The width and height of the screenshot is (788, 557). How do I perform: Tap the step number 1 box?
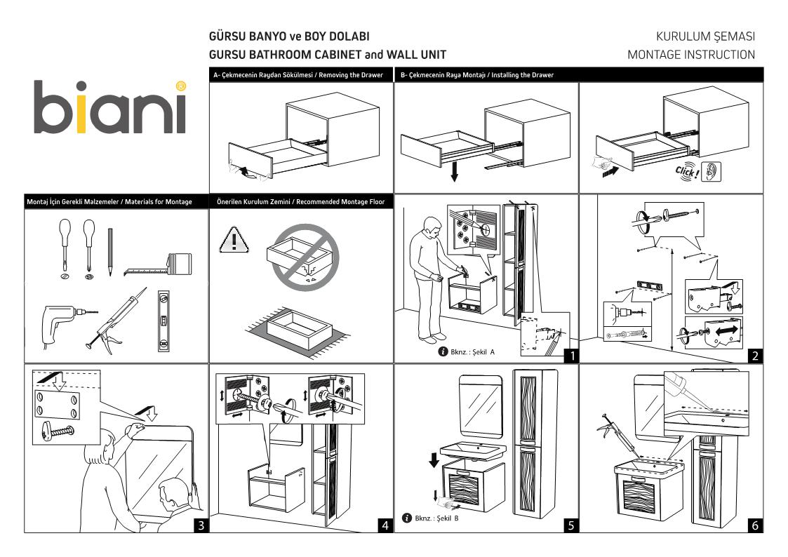[571, 355]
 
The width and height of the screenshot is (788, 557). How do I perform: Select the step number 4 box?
[385, 525]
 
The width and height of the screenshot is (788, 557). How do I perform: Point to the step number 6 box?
[754, 525]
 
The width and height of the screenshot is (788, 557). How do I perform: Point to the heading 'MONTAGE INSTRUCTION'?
[691, 54]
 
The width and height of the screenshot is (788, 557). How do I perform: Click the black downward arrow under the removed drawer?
[455, 171]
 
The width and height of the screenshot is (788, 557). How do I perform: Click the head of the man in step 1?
[432, 225]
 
